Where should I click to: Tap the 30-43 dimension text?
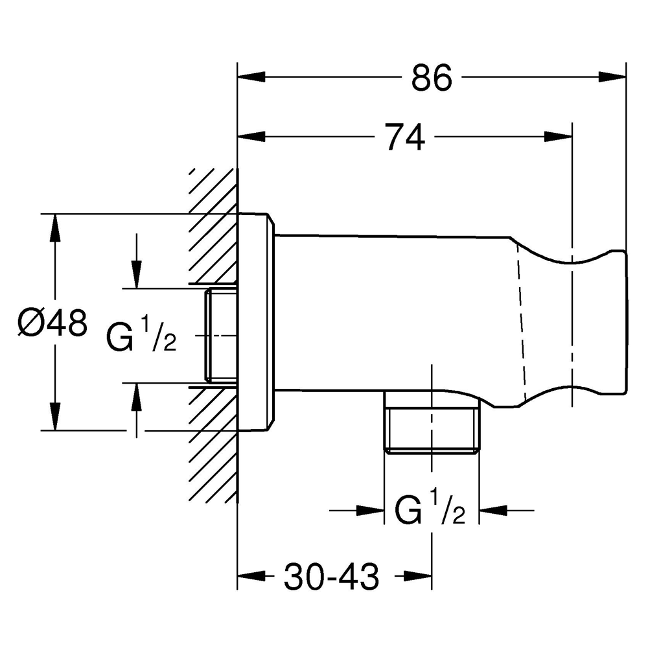tap(332, 575)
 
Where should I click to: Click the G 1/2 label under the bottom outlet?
tap(430, 511)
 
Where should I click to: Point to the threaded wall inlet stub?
tap(221, 335)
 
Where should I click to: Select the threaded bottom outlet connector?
tap(432, 429)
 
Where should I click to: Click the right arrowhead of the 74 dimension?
tap(558, 136)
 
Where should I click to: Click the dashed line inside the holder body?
tap(520, 324)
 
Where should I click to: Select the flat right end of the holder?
tap(627, 321)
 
